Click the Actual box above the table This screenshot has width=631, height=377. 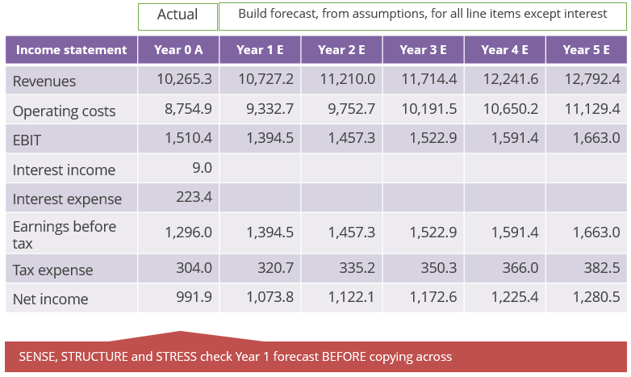pos(178,15)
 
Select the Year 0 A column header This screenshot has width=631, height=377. pos(178,50)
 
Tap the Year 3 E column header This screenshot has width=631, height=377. pos(423,50)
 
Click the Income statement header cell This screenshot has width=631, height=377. pos(71,50)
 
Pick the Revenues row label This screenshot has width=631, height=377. pos(44,82)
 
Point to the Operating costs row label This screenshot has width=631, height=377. pos(64,111)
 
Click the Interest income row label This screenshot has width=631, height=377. pos(64,170)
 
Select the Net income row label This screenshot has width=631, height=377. pos(50,300)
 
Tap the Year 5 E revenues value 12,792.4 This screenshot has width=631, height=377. pos(592,79)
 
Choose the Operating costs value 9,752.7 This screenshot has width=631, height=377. pos(352,109)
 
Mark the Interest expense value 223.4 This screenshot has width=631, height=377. pos(194,197)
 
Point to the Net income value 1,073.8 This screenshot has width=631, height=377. pos(265,297)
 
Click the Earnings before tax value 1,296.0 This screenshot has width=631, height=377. pos(188,232)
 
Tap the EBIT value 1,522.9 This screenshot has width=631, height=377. pos(429,138)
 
